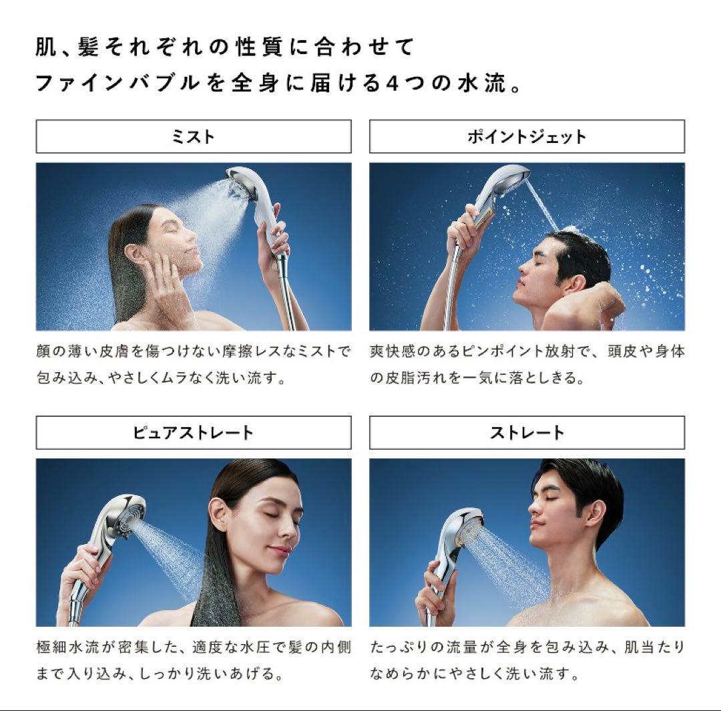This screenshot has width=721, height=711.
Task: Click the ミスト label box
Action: (x=194, y=136)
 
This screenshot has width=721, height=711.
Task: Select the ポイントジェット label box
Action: (x=527, y=136)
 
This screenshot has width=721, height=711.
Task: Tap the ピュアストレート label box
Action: (x=194, y=432)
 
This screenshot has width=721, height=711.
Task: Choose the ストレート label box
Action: (x=527, y=432)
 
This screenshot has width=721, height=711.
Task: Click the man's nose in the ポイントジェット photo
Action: (x=521, y=267)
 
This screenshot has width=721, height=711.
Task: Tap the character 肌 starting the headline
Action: (x=45, y=48)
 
